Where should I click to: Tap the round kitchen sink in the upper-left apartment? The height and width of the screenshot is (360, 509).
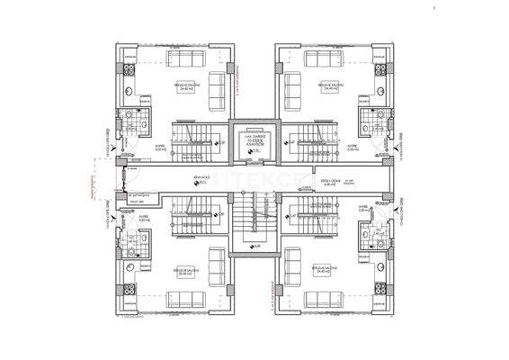pyautogui.click(x=128, y=92)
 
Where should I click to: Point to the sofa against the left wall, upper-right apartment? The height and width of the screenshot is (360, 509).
pyautogui.click(x=290, y=87)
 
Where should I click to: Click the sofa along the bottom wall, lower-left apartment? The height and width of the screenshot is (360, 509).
pyautogui.click(x=188, y=299)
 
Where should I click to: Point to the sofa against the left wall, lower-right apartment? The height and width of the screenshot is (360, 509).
pyautogui.click(x=290, y=271)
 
